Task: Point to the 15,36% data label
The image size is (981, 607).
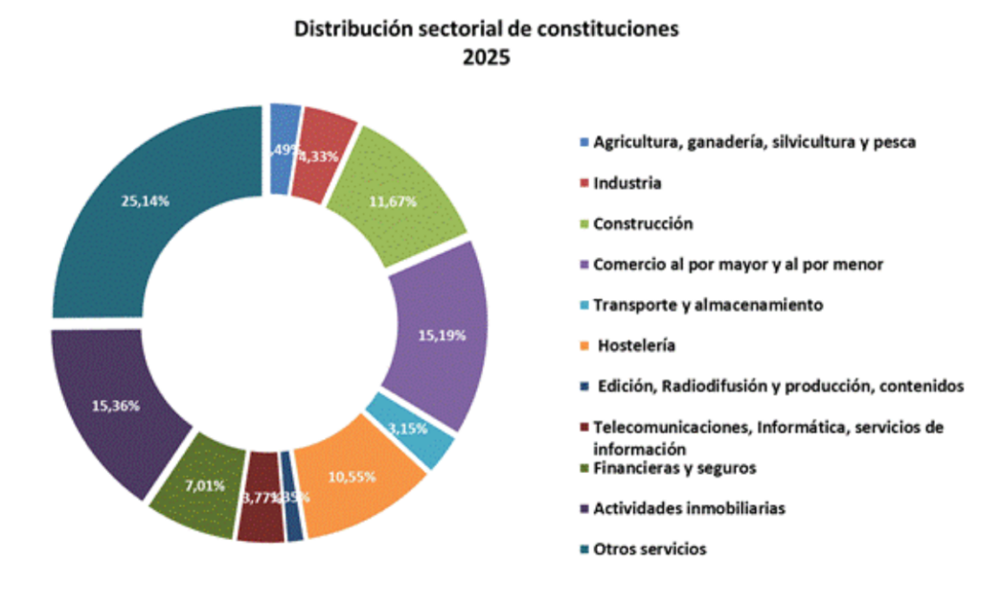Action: [116, 406]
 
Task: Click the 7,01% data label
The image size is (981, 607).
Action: [205, 485]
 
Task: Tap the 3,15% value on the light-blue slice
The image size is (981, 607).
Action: [408, 428]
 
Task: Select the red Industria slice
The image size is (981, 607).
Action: [321, 153]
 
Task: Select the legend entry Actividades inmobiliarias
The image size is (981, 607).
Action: [689, 508]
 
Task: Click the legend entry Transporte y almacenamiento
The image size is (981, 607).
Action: [708, 305]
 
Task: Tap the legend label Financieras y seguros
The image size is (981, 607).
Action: [674, 468]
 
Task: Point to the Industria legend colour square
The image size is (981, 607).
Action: [583, 183]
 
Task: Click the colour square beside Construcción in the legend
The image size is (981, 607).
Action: [583, 224]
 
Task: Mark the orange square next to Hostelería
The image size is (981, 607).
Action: [583, 345]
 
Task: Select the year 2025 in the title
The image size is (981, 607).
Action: [487, 58]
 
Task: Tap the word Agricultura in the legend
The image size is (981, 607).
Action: [631, 142]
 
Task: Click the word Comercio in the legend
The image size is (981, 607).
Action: [626, 265]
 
